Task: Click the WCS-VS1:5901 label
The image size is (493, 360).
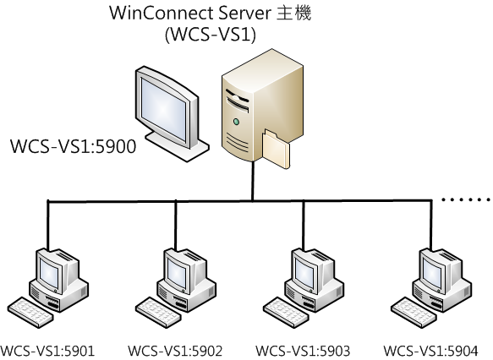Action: tap(47, 351)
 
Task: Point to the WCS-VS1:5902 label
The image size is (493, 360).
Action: tap(175, 351)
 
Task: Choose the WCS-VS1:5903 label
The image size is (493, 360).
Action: tap(303, 351)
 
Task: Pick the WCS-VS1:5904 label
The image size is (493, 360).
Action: tap(430, 351)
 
